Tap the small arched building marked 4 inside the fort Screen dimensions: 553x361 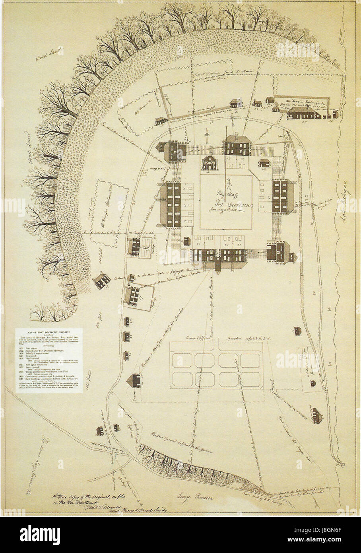[x=210, y=164]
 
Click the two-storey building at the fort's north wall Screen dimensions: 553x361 [x=237, y=146]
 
